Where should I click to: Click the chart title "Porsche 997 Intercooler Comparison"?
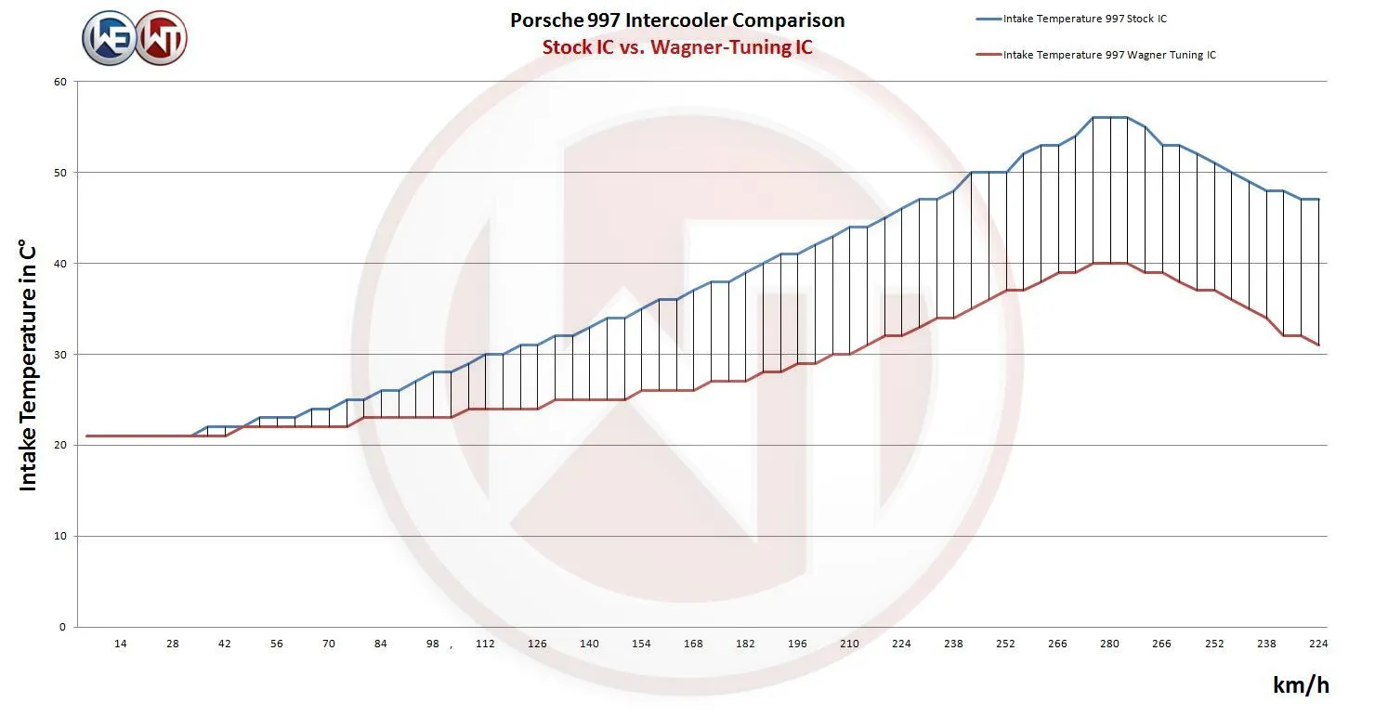tap(677, 20)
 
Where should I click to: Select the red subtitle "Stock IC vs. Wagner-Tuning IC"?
tap(677, 47)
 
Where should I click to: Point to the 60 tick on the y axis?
tap(60, 82)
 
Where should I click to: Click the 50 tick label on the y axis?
tap(60, 173)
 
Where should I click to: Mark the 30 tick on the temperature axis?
tap(60, 355)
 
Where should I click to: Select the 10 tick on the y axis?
tap(60, 537)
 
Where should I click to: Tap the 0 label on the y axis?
tap(63, 628)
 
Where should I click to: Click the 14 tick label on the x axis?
tap(121, 644)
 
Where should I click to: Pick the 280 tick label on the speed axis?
tap(1109, 644)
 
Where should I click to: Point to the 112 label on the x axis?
tap(485, 644)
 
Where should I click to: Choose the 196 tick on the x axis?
tap(797, 644)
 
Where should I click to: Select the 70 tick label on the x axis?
tap(329, 644)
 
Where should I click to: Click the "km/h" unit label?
tap(1301, 685)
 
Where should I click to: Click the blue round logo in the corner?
tap(109, 38)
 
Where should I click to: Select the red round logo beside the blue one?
tap(161, 38)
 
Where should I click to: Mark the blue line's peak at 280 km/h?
tap(1109, 117)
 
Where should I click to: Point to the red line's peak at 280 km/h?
tap(1109, 264)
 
